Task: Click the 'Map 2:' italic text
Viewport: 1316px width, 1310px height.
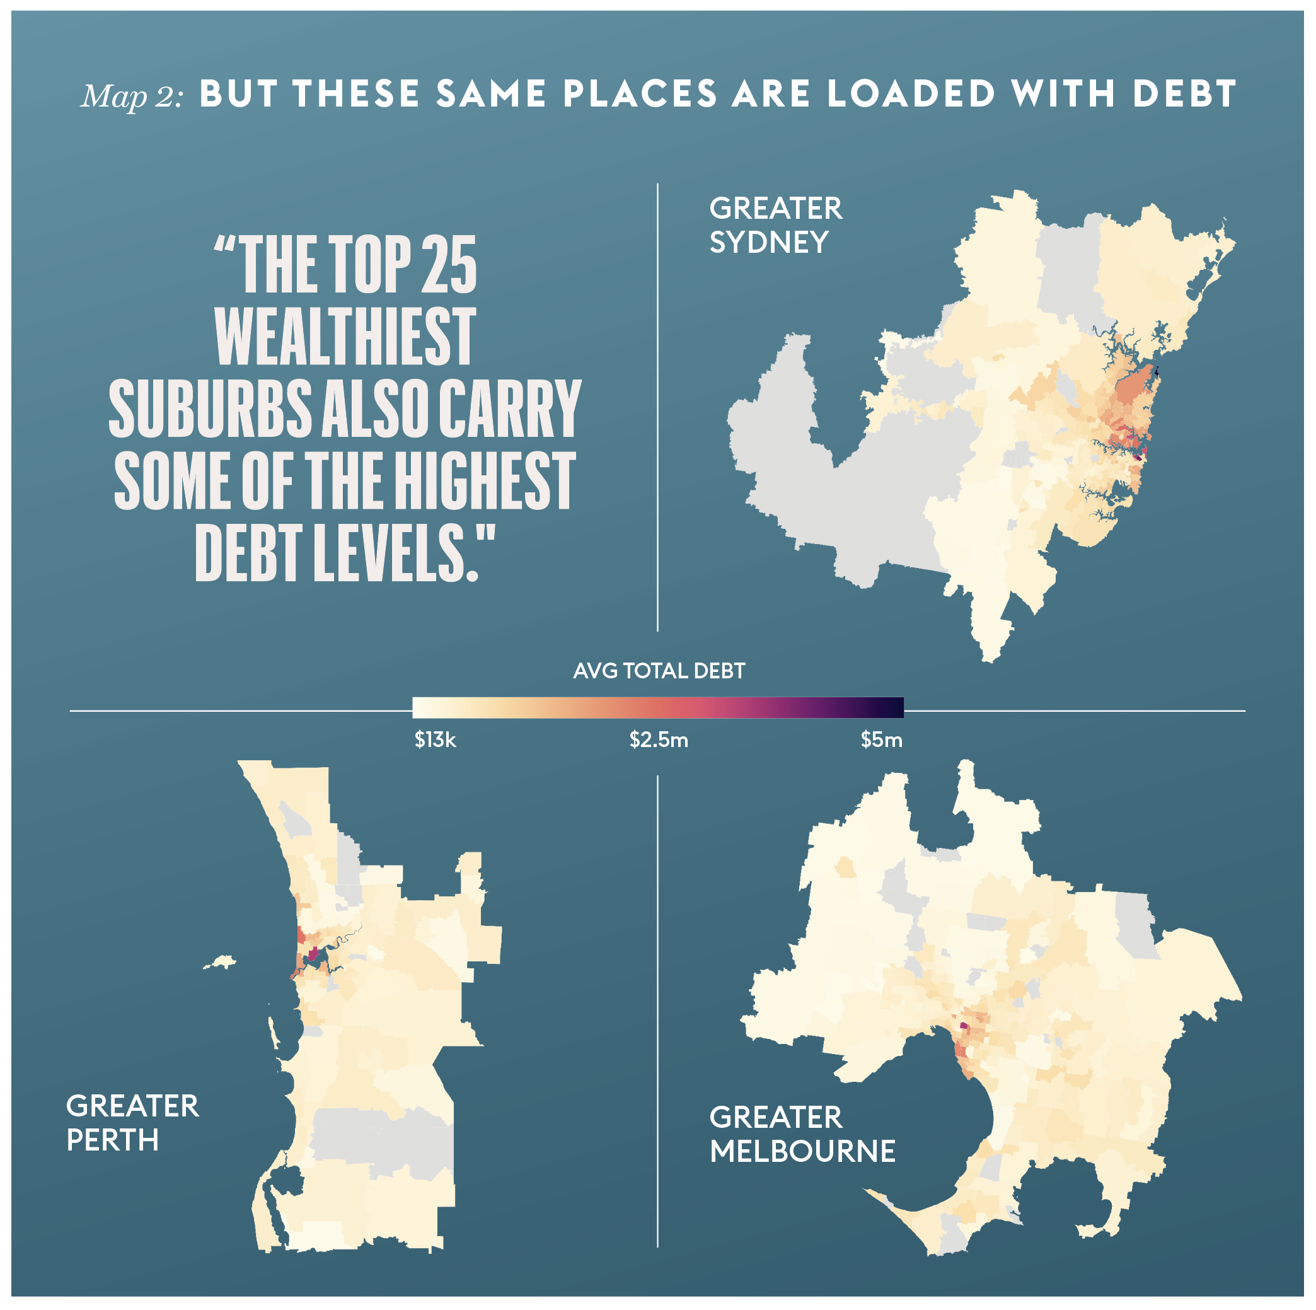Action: [x=132, y=96]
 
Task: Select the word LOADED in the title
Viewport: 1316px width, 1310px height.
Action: [x=911, y=94]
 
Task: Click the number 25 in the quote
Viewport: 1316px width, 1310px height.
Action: [x=449, y=265]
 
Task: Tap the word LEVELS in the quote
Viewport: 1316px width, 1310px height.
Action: [x=393, y=553]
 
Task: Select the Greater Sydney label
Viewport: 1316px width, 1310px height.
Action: [x=775, y=226]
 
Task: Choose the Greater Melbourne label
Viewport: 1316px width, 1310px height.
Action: [x=802, y=1134]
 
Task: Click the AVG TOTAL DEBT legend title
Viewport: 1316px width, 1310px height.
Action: [x=659, y=671]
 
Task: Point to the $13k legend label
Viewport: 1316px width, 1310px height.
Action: [x=436, y=740]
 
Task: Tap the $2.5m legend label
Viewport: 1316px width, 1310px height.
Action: [x=659, y=740]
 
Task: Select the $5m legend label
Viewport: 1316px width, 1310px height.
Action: [x=880, y=740]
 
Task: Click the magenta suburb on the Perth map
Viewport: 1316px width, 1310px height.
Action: [x=313, y=954]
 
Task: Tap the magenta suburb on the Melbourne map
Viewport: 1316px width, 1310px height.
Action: [x=963, y=1025]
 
